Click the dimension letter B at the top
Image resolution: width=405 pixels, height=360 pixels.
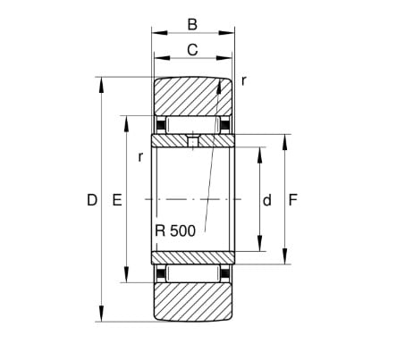(192, 24)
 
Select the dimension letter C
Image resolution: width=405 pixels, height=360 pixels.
(192, 50)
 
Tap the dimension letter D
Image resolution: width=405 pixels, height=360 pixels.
(92, 200)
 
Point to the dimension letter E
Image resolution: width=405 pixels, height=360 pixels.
(117, 200)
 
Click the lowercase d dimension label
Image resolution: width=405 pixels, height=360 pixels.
(267, 200)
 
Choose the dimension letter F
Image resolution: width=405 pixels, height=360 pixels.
(293, 200)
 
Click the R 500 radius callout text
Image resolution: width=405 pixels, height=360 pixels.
(175, 230)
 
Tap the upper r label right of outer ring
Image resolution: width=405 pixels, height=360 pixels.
(244, 80)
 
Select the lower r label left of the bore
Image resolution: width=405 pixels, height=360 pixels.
(140, 156)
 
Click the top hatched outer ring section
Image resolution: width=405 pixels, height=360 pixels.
(193, 96)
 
